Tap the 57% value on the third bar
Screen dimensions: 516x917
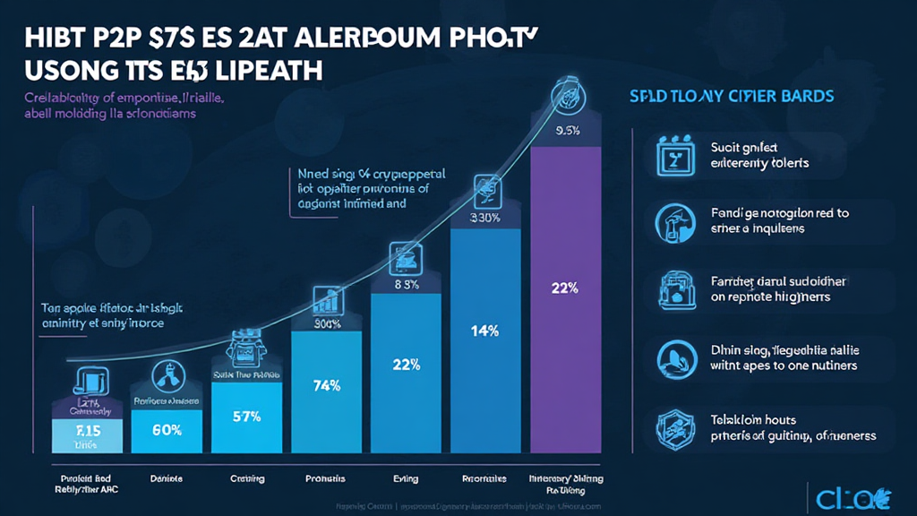[x=246, y=417]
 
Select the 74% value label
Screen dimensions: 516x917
[x=327, y=386]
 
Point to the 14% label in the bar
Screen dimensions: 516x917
[x=484, y=331]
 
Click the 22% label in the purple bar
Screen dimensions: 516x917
[x=565, y=288]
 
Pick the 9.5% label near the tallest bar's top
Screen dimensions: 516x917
[x=568, y=132]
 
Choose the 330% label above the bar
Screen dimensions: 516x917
[x=484, y=216]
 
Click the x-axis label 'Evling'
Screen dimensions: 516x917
[x=406, y=479]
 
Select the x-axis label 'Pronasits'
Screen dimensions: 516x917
[x=327, y=479]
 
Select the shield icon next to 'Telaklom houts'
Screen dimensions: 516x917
[x=671, y=426]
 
